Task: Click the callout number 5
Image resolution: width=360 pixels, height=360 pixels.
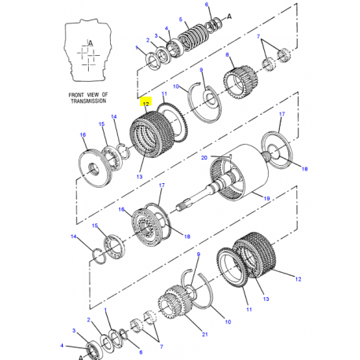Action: pyautogui.click(x=181, y=20)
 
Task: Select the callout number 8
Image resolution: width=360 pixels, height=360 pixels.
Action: pyautogui.click(x=227, y=55)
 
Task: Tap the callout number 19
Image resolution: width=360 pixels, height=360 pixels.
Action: pyautogui.click(x=266, y=198)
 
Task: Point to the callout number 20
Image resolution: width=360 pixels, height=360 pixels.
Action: pyautogui.click(x=204, y=157)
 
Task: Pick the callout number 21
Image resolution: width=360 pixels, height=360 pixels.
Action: pyautogui.click(x=204, y=334)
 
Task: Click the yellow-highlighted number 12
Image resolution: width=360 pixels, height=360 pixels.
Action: pyautogui.click(x=146, y=104)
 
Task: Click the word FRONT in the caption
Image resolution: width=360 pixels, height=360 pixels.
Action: pyautogui.click(x=76, y=95)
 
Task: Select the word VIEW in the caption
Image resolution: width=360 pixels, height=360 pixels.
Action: pyautogui.click(x=93, y=95)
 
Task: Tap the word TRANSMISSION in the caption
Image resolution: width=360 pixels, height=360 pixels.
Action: pyautogui.click(x=88, y=101)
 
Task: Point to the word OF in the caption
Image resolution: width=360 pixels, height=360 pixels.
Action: pyautogui.click(x=105, y=94)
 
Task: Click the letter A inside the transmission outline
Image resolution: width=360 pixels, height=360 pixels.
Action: pyautogui.click(x=90, y=43)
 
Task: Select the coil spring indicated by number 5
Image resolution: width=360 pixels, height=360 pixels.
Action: pyautogui.click(x=194, y=36)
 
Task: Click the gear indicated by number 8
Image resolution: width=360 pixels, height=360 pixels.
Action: pyautogui.click(x=241, y=82)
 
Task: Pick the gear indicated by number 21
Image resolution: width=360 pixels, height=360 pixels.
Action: pyautogui.click(x=174, y=303)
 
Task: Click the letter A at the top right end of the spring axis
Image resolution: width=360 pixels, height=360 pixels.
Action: pyautogui.click(x=230, y=17)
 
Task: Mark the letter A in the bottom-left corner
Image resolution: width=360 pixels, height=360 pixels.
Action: pyautogui.click(x=81, y=357)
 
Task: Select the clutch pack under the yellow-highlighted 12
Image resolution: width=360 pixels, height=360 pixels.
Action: pyautogui.click(x=152, y=134)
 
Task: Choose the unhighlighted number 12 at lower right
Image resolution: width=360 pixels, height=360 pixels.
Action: pyautogui.click(x=298, y=279)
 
